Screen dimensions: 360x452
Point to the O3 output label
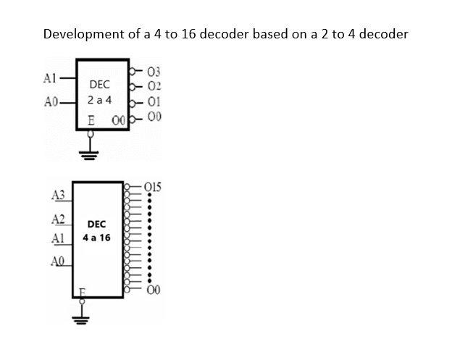click(153, 72)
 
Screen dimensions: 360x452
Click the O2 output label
click(153, 86)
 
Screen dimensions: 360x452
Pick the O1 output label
click(153, 101)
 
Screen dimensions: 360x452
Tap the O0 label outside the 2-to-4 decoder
click(153, 116)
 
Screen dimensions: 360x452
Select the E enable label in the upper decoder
click(90, 118)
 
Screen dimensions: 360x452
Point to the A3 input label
click(58, 195)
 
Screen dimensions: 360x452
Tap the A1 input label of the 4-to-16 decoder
click(58, 238)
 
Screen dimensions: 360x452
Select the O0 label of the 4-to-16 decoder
click(153, 291)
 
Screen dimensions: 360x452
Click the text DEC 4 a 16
click(96, 231)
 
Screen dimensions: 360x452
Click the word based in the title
click(269, 34)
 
